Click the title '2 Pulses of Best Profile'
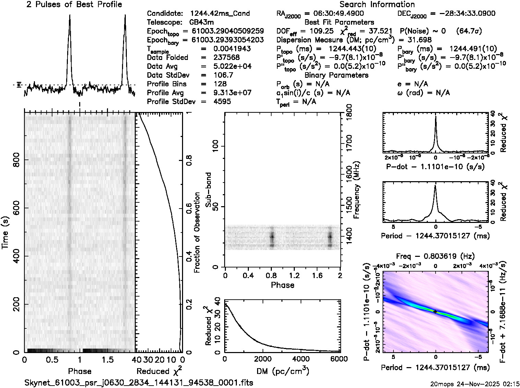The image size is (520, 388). click(74, 4)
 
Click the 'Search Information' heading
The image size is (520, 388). click(377, 4)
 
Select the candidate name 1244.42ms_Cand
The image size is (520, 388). click(220, 14)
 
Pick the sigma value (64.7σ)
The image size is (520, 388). click(469, 31)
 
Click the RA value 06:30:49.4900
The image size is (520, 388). click(334, 14)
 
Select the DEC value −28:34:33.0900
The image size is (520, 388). click(462, 14)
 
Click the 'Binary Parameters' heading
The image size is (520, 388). click(336, 75)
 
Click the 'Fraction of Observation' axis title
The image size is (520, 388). click(197, 233)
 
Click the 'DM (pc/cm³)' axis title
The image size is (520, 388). click(282, 371)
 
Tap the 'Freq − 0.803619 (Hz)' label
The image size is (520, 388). click(435, 256)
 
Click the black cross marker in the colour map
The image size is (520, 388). click(435, 312)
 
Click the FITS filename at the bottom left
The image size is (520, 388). click(139, 383)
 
